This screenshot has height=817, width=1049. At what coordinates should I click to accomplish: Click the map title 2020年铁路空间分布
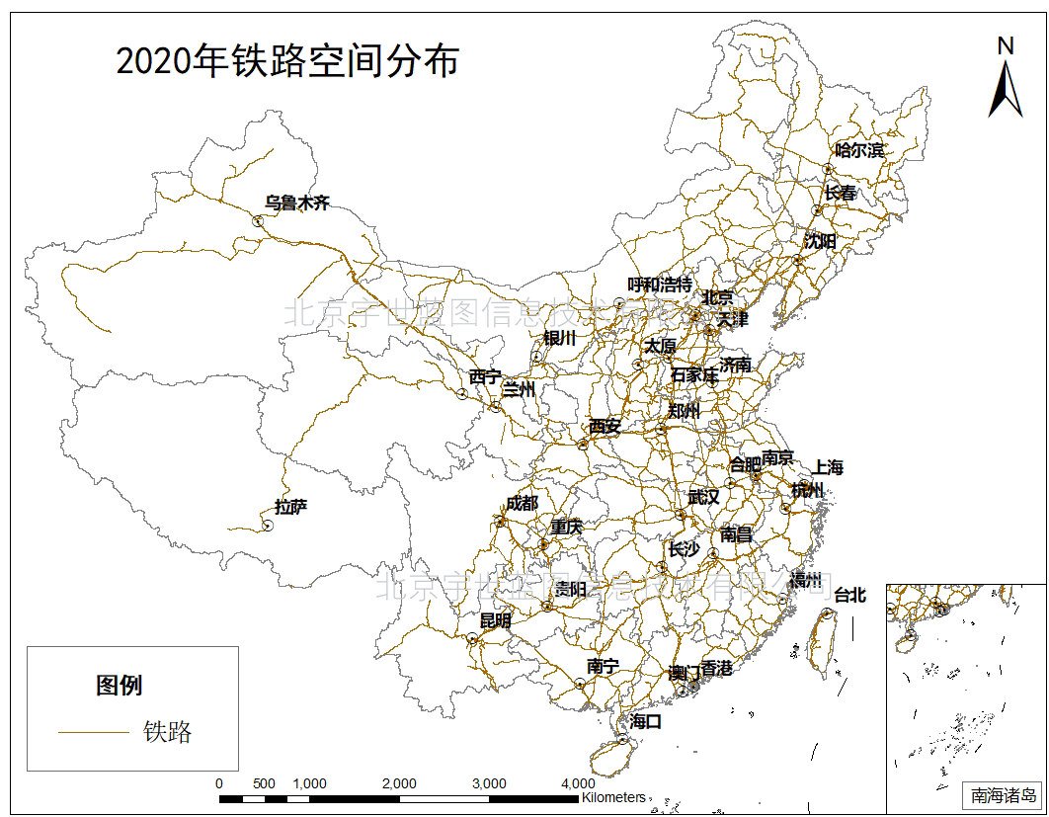click(287, 61)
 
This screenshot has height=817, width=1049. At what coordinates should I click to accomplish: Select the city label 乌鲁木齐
click(296, 203)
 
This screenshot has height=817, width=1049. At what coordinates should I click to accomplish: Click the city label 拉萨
click(291, 508)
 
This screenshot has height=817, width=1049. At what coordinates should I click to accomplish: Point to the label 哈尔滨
click(860, 150)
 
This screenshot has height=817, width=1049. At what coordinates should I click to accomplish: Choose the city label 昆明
click(496, 621)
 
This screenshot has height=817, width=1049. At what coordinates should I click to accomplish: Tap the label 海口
click(645, 722)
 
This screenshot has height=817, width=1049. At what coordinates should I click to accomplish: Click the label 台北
click(849, 595)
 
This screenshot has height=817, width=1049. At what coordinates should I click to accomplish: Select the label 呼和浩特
click(660, 285)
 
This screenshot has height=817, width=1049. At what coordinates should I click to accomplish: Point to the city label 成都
click(522, 503)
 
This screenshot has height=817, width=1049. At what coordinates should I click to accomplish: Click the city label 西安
click(605, 427)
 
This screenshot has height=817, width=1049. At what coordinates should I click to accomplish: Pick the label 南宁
click(602, 667)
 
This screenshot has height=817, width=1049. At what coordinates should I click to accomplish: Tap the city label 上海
click(828, 467)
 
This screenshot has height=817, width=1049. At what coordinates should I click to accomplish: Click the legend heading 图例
click(120, 685)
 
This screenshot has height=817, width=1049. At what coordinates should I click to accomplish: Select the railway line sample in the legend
click(94, 732)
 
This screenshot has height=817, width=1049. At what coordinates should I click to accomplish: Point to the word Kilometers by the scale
click(613, 796)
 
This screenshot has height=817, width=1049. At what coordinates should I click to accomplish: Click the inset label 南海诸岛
click(1004, 794)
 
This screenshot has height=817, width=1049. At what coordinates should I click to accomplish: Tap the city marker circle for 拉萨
click(267, 526)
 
